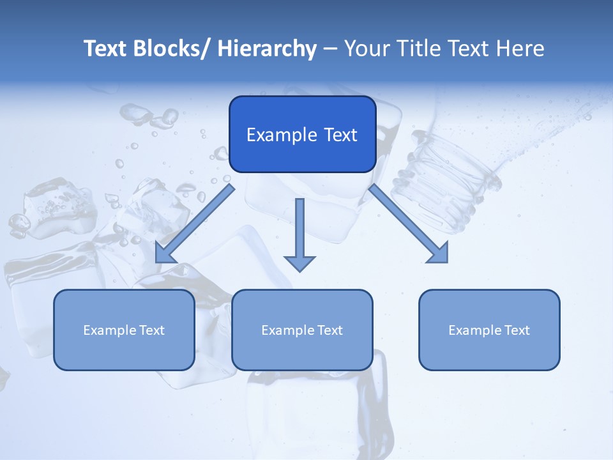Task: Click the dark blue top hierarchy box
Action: [302, 134]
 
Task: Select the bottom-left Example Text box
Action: [124, 330]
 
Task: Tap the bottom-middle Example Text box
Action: [302, 330]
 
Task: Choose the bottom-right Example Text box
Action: [489, 330]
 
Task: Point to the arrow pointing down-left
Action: [195, 224]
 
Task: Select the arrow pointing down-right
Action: [409, 224]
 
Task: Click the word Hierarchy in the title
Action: [267, 49]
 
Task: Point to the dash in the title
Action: [330, 49]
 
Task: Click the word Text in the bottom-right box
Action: [517, 330]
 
